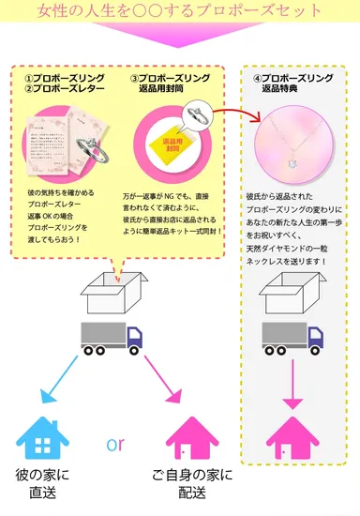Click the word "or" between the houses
click(x=114, y=443)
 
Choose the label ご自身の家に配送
click(x=192, y=484)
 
